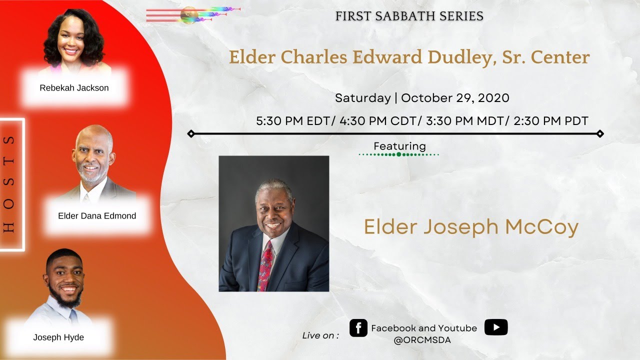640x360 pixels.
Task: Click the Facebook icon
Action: coord(358,328)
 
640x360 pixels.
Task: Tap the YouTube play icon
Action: coord(496,327)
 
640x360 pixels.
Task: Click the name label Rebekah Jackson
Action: coord(74,88)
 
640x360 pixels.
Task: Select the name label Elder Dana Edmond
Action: coord(97,216)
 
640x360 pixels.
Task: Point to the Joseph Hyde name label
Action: coord(58,337)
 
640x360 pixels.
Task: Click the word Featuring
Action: coord(399,146)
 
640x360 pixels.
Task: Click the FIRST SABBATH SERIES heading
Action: coord(409,16)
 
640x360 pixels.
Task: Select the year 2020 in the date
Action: coord(493,98)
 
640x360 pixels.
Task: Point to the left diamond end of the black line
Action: coord(190,133)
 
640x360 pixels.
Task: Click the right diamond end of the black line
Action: coord(600,133)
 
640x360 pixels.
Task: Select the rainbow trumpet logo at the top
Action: coord(192,14)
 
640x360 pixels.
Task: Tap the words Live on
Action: coord(320,335)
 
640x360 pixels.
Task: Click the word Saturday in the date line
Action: coord(362,98)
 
